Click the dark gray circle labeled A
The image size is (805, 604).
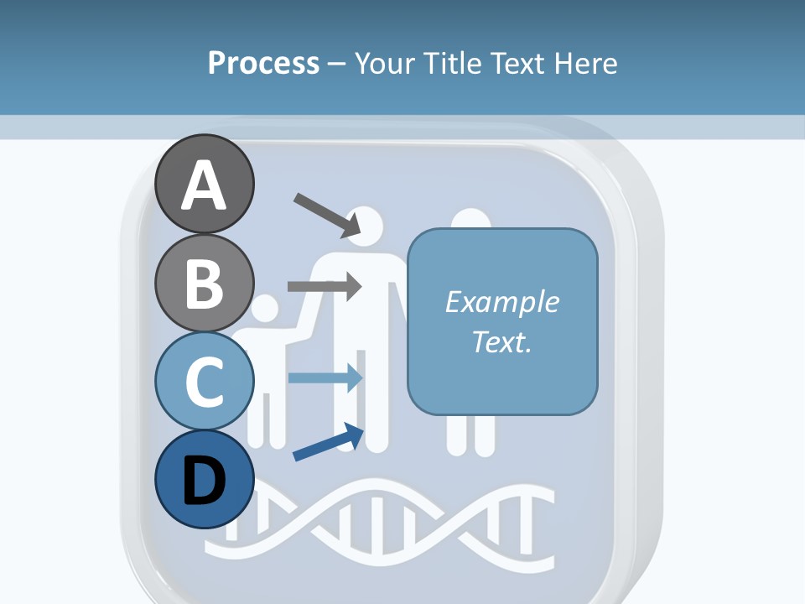pyautogui.click(x=205, y=184)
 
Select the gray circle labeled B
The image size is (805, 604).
pyautogui.click(x=205, y=283)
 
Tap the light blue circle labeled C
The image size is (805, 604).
pyautogui.click(x=205, y=382)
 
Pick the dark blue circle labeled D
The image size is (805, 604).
pyautogui.click(x=205, y=480)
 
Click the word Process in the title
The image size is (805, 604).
pyautogui.click(x=263, y=63)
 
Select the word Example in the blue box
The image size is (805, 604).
pyautogui.click(x=501, y=302)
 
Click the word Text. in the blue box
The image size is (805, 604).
pyautogui.click(x=501, y=341)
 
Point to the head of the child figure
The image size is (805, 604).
pyautogui.click(x=263, y=310)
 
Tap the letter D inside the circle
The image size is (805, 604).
pyautogui.click(x=205, y=481)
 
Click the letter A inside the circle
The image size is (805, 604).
pyautogui.click(x=205, y=185)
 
